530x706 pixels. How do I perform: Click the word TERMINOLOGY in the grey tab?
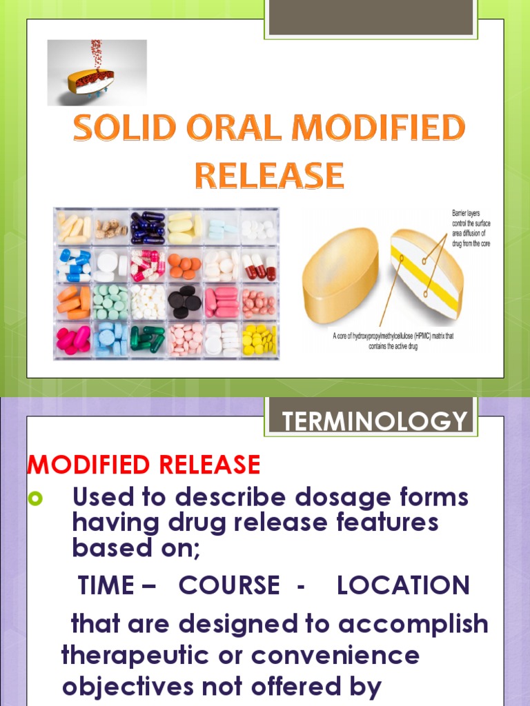point(375,421)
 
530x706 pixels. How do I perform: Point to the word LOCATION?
point(403,586)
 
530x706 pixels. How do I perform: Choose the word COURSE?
point(229,586)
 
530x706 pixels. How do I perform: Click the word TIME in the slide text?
point(107,586)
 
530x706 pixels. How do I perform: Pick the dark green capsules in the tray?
point(148,339)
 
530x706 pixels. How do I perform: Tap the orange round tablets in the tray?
point(184,264)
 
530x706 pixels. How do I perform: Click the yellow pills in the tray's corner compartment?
point(259,339)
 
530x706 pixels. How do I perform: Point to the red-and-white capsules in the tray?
point(259,264)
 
